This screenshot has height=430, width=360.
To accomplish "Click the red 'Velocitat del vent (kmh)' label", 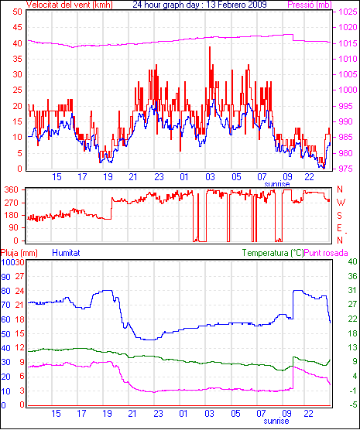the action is [x=70, y=5].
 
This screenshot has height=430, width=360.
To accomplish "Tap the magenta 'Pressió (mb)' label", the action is [x=310, y=5].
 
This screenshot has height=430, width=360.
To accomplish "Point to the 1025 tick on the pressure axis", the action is [x=348, y=12].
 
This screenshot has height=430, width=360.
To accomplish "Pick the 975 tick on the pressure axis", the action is [x=348, y=169].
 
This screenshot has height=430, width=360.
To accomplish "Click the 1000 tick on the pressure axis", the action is [x=348, y=90].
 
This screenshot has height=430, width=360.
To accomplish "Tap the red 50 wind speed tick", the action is [x=17, y=12].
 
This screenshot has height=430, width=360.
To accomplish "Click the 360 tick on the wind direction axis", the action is [x=12, y=189].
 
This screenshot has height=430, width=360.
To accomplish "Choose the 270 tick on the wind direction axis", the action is [x=12, y=203].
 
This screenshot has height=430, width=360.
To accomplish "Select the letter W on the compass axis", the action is [x=341, y=203].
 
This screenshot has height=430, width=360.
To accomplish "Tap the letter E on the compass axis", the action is [x=340, y=228].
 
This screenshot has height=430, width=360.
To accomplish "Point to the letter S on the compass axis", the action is [x=340, y=216].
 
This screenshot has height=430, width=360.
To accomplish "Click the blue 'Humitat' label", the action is [x=66, y=253].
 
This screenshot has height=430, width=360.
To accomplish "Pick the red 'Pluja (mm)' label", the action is [x=19, y=253].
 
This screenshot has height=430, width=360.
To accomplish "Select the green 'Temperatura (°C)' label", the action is [x=273, y=253].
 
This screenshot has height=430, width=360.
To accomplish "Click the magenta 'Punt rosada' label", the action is [x=326, y=253].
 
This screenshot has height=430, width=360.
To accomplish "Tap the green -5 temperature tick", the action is [x=352, y=404].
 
